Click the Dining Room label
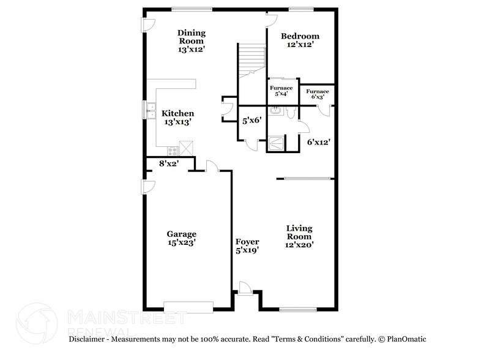[x=192, y=37]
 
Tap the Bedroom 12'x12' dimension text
[x=300, y=45]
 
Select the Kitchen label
[x=177, y=113]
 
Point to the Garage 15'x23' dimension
[x=181, y=242]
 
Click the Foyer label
[x=247, y=242]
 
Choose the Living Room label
[x=299, y=232]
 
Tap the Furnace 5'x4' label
[x=281, y=88]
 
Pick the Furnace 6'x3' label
[x=318, y=92]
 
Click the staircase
[x=251, y=61]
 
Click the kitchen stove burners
[x=173, y=151]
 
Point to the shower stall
[x=276, y=143]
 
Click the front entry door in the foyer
[x=245, y=288]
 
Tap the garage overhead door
[x=188, y=307]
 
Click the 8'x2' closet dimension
[x=169, y=163]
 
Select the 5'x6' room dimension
[x=251, y=121]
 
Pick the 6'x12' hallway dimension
[x=319, y=142]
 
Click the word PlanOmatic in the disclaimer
[x=406, y=339]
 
